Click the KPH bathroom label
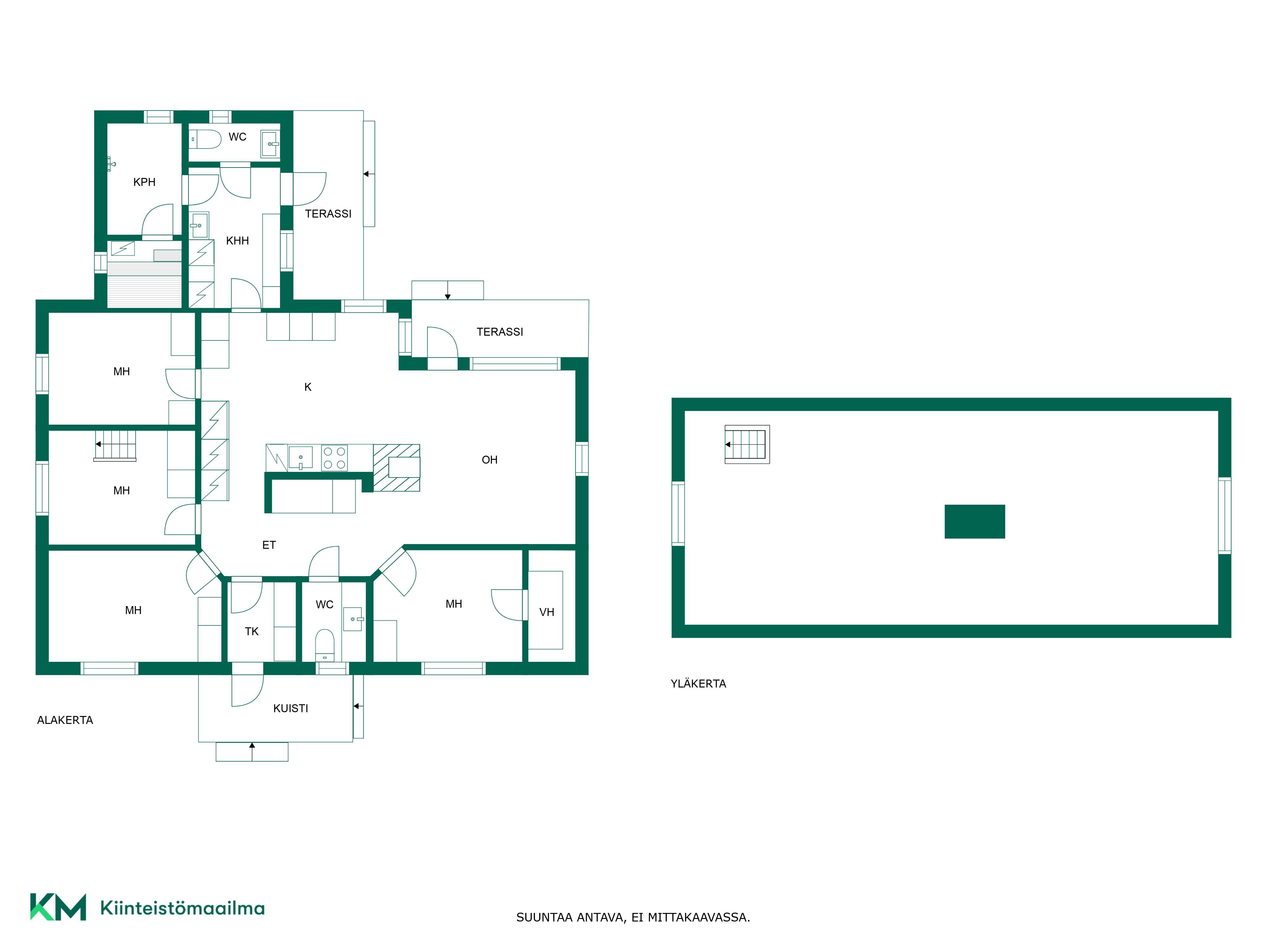pyautogui.click(x=144, y=182)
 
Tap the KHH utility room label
pyautogui.click(x=237, y=241)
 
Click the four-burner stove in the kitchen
pyautogui.click(x=334, y=458)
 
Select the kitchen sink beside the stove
pyautogui.click(x=300, y=458)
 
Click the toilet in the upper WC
pyautogui.click(x=205, y=139)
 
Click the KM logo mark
pyautogui.click(x=58, y=907)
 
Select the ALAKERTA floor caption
pyautogui.click(x=65, y=720)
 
